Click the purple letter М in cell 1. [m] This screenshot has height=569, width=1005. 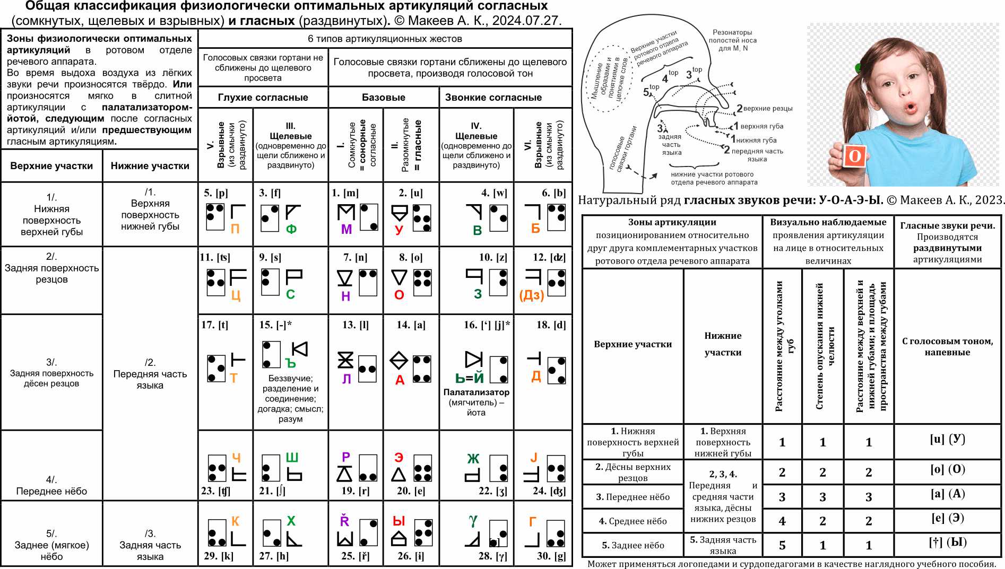point(346,229)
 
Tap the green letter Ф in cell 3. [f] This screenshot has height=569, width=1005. point(291,229)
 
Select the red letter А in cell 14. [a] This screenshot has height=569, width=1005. point(400,380)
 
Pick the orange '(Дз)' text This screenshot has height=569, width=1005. point(532,295)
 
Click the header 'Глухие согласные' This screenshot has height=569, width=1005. point(263,98)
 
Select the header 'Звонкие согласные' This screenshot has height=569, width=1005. point(493,98)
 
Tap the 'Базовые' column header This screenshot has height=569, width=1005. point(383,98)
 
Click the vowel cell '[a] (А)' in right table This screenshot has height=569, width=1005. point(947,494)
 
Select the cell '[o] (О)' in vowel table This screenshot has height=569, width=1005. point(947,469)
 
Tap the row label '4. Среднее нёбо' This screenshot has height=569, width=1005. point(633,521)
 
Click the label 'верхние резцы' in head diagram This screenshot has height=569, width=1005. point(767,109)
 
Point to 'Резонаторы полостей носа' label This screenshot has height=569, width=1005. point(732,40)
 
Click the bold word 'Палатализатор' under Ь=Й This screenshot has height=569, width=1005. point(476,392)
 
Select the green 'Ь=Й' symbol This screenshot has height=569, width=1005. point(470,378)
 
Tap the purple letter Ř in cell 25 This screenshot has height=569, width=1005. point(345,521)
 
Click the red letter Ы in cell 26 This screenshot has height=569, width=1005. point(399,521)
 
